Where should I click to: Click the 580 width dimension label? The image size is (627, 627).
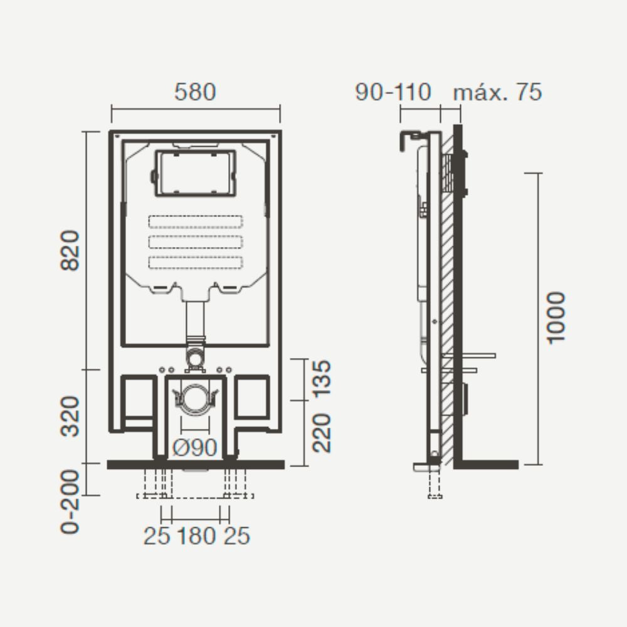tap(195, 92)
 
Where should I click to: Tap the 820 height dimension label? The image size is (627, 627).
tap(70, 251)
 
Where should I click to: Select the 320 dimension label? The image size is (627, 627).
tap(70, 416)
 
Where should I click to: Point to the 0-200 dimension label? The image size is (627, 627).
tap(70, 502)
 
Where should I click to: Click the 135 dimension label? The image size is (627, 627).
tap(322, 379)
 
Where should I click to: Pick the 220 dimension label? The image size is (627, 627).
tap(322, 433)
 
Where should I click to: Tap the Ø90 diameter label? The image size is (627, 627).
tap(195, 448)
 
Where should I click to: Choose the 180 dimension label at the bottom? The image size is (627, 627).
tap(196, 536)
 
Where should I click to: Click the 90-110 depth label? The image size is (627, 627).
tap(394, 92)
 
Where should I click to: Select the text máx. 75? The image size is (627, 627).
tap(497, 92)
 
